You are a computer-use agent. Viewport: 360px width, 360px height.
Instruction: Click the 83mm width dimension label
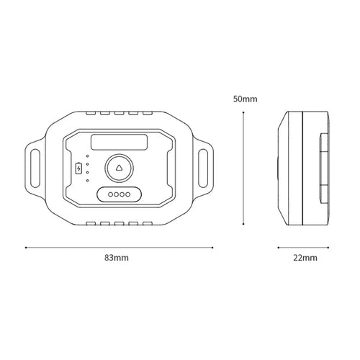(x=117, y=258)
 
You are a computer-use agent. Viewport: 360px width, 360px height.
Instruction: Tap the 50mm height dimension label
(x=245, y=99)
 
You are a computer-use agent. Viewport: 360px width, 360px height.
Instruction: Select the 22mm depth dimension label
(x=305, y=258)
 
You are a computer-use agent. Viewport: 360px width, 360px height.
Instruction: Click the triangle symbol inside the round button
(x=119, y=168)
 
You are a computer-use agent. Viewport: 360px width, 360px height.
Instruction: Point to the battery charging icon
(x=78, y=168)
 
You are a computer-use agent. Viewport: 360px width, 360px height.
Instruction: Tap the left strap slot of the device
(x=35, y=168)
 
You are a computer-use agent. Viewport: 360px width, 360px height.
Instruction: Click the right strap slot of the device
(x=203, y=168)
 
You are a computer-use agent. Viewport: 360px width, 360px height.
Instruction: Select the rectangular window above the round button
(x=119, y=143)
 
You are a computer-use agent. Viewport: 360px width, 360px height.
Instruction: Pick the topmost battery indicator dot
(x=87, y=156)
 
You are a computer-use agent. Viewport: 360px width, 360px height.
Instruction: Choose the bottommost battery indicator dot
(x=87, y=181)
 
